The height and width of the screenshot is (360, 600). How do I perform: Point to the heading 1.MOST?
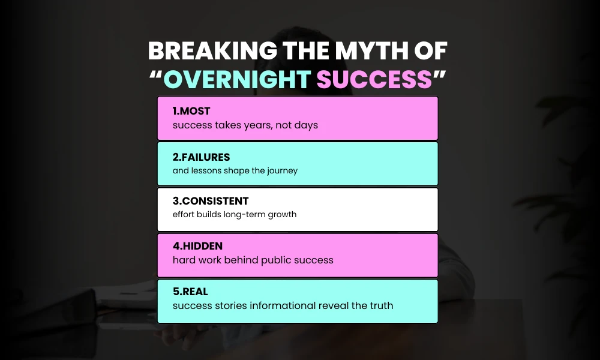[x=191, y=112]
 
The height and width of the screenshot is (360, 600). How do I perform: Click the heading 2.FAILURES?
[x=202, y=157]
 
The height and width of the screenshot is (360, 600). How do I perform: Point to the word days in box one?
[x=306, y=125]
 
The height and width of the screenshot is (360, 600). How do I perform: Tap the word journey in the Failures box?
[x=280, y=170]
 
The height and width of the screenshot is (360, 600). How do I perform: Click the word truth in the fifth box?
[x=379, y=305]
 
